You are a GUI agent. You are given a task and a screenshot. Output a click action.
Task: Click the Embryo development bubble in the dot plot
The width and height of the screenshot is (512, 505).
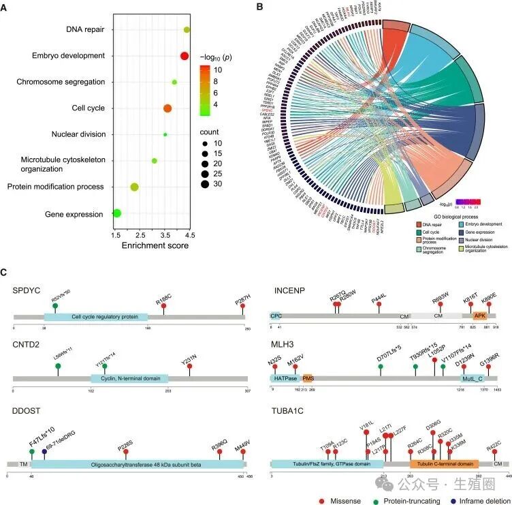pyautogui.click(x=184, y=56)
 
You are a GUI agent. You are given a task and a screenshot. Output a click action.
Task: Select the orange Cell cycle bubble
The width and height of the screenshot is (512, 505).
pyautogui.click(x=167, y=108)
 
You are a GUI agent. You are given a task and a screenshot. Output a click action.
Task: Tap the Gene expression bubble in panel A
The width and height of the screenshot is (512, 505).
pyautogui.click(x=116, y=214)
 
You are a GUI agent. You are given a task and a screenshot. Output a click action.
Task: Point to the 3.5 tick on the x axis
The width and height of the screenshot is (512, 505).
pyautogui.click(x=166, y=234)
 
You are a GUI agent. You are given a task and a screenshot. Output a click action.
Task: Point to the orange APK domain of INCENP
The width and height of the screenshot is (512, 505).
pyautogui.click(x=480, y=316)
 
